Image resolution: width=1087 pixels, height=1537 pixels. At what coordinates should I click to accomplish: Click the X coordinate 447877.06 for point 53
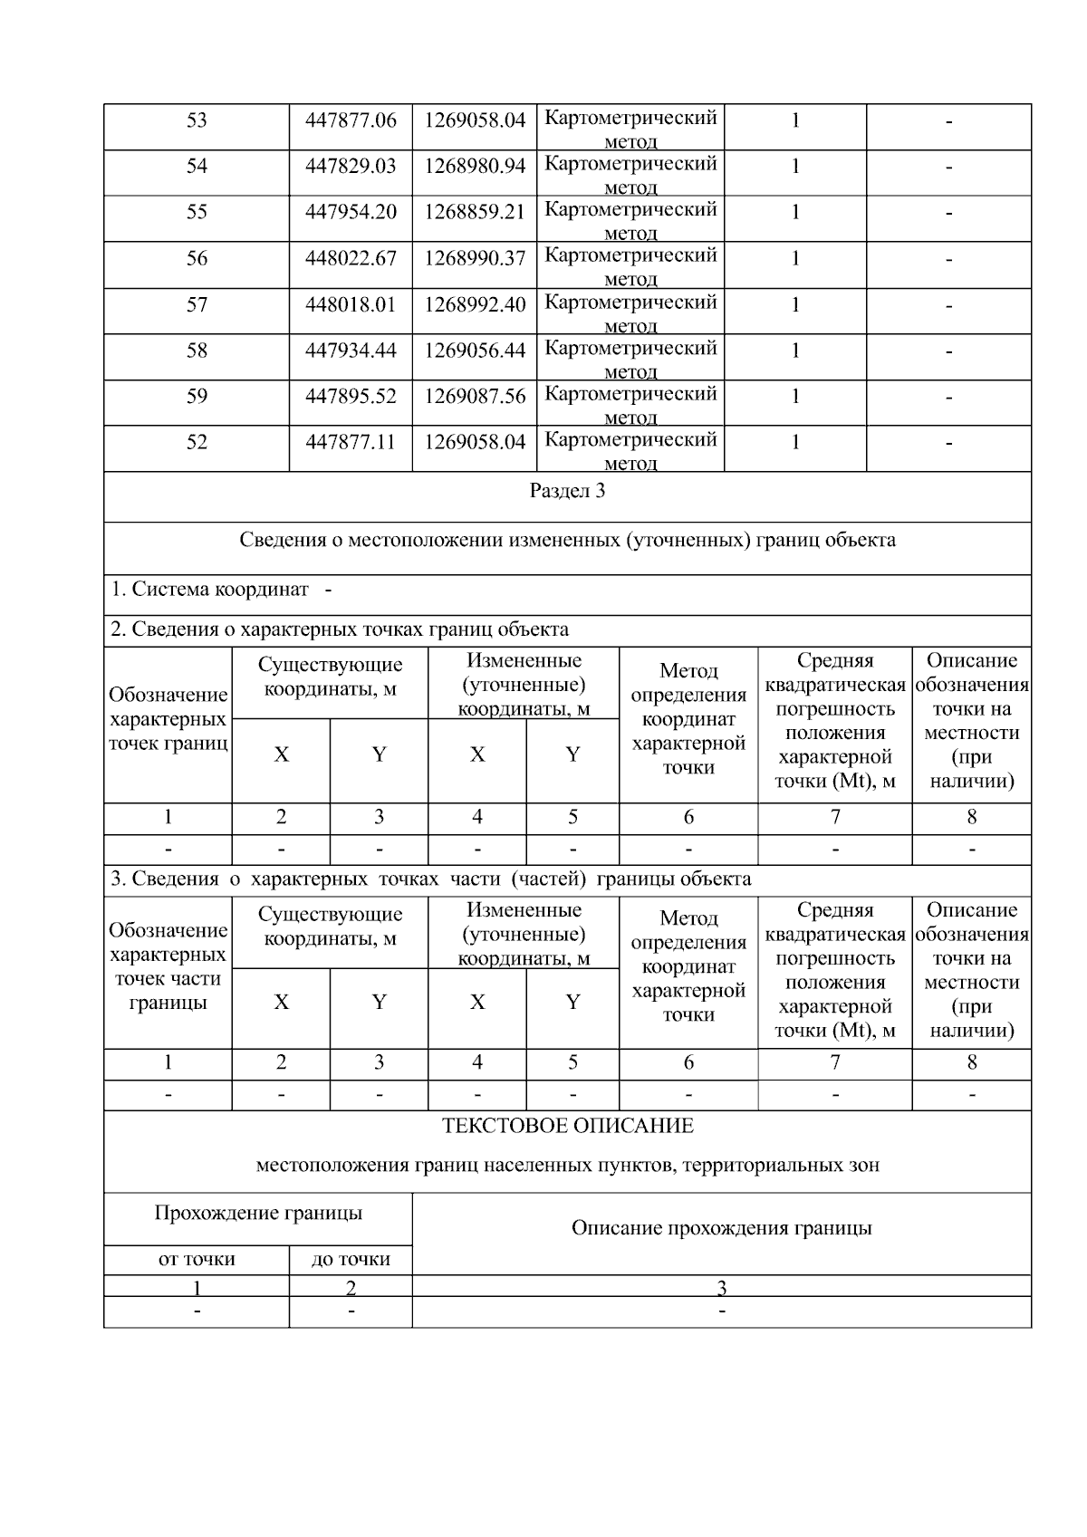pyautogui.click(x=351, y=120)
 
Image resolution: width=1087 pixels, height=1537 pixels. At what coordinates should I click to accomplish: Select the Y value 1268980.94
pyautogui.click(x=475, y=166)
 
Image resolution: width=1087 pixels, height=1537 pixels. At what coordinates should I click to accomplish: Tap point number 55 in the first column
pyautogui.click(x=197, y=212)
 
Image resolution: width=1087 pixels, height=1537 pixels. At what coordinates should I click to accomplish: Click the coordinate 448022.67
pyautogui.click(x=351, y=259)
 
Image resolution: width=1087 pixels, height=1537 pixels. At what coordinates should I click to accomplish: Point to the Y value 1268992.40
pyautogui.click(x=475, y=305)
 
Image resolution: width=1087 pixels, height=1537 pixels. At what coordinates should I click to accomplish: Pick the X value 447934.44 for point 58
pyautogui.click(x=351, y=351)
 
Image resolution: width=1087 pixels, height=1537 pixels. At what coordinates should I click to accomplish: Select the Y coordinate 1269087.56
pyautogui.click(x=475, y=397)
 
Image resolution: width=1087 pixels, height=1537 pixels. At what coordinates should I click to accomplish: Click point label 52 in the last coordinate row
pyautogui.click(x=197, y=443)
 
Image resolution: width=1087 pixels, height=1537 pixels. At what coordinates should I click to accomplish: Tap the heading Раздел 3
pyautogui.click(x=567, y=492)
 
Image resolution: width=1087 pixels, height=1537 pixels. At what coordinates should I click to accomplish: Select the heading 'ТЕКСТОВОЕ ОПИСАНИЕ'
pyautogui.click(x=567, y=1126)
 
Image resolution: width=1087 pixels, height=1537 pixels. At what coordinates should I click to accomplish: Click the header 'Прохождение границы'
pyautogui.click(x=258, y=1213)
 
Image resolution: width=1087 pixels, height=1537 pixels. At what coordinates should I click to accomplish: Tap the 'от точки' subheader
pyautogui.click(x=197, y=1259)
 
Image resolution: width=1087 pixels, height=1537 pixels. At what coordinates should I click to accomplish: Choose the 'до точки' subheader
pyautogui.click(x=351, y=1259)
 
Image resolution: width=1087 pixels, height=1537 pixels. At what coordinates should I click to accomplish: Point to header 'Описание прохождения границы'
pyautogui.click(x=721, y=1228)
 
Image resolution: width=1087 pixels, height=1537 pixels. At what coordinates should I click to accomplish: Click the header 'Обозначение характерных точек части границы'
pyautogui.click(x=168, y=966)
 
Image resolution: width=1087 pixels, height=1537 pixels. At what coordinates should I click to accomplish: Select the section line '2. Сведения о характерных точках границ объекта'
pyautogui.click(x=340, y=629)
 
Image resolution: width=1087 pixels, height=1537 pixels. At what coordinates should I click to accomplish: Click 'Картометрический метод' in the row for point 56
pyautogui.click(x=630, y=265)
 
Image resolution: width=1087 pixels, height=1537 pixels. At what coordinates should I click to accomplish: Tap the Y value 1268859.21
pyautogui.click(x=475, y=212)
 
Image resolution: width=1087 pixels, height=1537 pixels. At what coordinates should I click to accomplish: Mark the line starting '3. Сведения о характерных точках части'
pyautogui.click(x=430, y=879)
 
